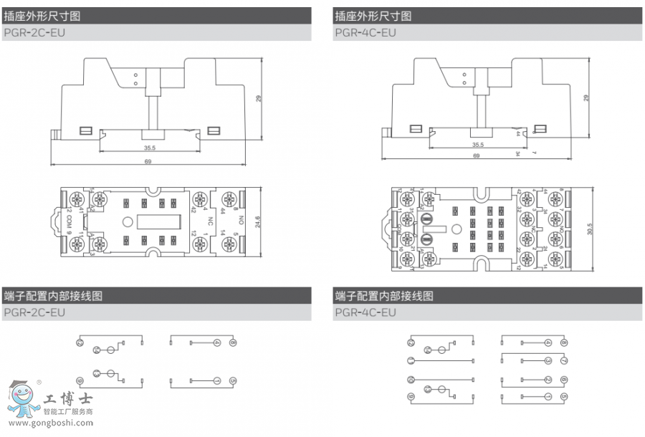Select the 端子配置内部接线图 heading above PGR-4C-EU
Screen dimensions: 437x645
click(x=384, y=295)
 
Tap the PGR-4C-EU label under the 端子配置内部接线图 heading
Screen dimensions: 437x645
click(x=365, y=312)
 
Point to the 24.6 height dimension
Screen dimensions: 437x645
click(x=257, y=221)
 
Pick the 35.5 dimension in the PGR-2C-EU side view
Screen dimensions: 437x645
click(x=150, y=148)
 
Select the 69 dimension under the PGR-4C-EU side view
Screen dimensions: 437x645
click(x=476, y=155)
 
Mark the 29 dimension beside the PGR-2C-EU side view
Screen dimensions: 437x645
click(x=258, y=98)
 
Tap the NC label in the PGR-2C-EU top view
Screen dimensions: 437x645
click(x=211, y=221)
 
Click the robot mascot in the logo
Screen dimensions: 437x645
click(x=21, y=398)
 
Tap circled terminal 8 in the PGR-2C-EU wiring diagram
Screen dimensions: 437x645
click(x=233, y=342)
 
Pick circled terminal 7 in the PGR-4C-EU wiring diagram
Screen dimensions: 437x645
click(x=564, y=360)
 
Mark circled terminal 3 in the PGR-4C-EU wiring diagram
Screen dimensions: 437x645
click(x=548, y=360)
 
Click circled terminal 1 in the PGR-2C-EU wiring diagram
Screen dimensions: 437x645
click(x=216, y=380)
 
